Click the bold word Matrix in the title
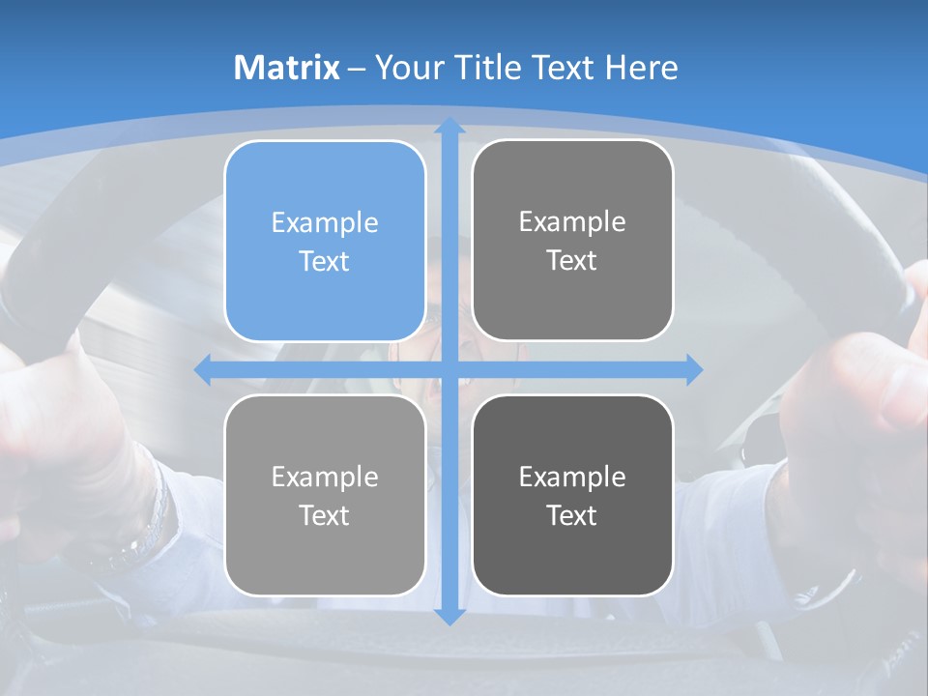(287, 68)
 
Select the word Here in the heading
(641, 68)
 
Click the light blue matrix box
(325, 241)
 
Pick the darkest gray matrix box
(572, 495)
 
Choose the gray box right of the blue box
(572, 240)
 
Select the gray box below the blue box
(325, 495)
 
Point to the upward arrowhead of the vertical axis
(449, 126)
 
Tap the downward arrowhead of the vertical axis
(449, 616)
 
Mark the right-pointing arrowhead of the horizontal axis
(693, 369)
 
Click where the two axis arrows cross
(449, 369)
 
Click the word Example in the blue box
(325, 222)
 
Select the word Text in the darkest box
(572, 515)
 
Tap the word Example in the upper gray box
(572, 221)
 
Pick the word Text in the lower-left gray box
(325, 515)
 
